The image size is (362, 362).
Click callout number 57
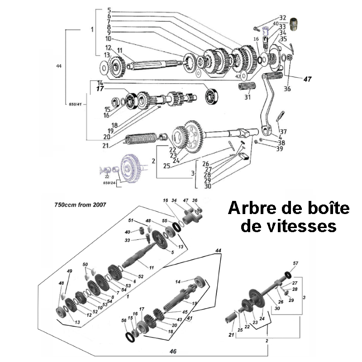click(295, 263)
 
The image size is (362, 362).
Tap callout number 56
click(124, 320)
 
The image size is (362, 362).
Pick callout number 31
click(247, 97)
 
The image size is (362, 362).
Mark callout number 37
click(284, 131)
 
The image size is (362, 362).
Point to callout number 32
click(283, 18)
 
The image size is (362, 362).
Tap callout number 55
click(164, 220)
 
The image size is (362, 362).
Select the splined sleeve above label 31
click(247, 86)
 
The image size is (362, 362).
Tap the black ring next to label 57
click(287, 274)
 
